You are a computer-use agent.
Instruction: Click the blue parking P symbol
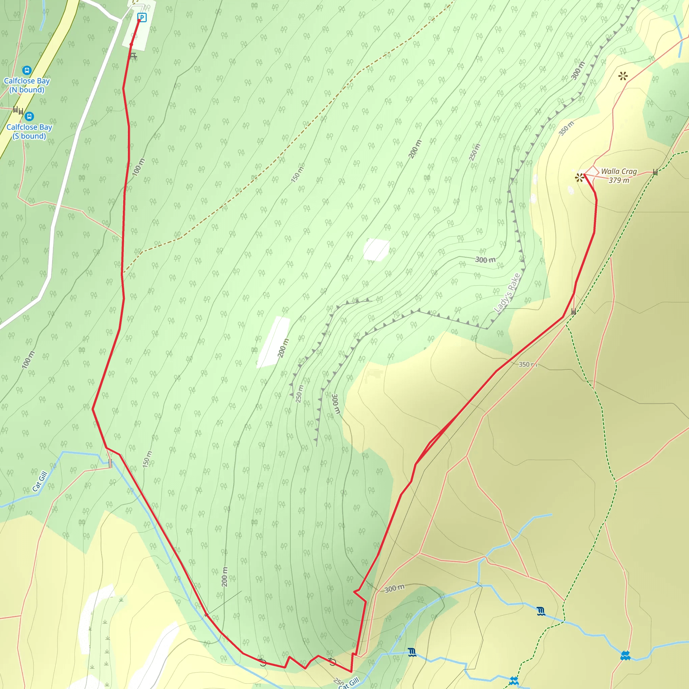click(142, 17)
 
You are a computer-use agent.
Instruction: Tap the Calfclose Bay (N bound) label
click(27, 85)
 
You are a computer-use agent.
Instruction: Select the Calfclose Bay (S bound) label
click(29, 132)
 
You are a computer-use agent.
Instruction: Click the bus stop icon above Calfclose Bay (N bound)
click(27, 70)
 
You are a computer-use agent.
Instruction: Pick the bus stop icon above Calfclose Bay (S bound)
click(29, 116)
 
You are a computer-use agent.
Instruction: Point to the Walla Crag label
click(619, 171)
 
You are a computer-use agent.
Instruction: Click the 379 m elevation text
click(619, 180)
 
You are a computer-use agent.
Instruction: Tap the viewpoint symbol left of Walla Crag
click(580, 177)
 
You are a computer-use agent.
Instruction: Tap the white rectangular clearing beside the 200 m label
click(273, 342)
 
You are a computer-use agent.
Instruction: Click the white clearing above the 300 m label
click(376, 249)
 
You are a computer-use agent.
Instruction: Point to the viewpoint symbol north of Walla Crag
click(623, 76)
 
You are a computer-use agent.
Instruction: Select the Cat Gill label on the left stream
click(40, 481)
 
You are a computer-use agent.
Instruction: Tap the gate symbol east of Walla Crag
click(655, 172)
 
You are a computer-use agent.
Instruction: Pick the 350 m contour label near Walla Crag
click(566, 129)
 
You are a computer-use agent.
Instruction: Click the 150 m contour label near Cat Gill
click(147, 459)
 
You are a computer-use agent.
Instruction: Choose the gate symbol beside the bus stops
click(18, 110)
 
